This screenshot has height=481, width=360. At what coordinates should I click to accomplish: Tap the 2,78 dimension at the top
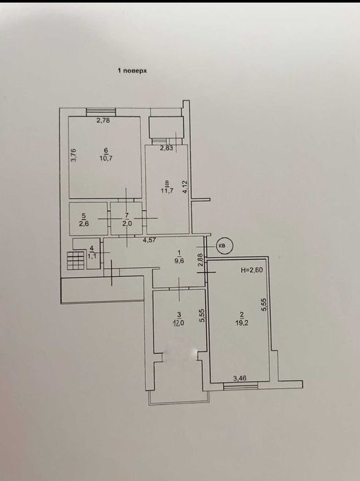[x=103, y=121]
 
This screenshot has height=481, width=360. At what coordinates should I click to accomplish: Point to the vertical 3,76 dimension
[x=74, y=155]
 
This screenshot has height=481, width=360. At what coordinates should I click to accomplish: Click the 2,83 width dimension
[x=167, y=148]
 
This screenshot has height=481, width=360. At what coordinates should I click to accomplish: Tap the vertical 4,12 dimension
[x=184, y=186]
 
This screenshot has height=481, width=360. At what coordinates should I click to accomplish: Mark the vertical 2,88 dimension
[x=200, y=260]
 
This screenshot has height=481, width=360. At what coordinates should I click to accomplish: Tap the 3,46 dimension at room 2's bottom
[x=240, y=377]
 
